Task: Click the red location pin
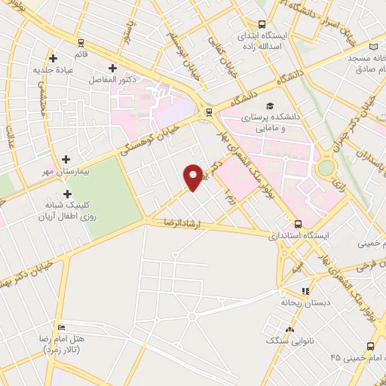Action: pyautogui.click(x=194, y=176)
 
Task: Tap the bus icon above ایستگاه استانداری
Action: pyautogui.click(x=298, y=224)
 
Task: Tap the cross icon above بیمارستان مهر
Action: pyautogui.click(x=67, y=159)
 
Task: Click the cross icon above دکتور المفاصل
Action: pyautogui.click(x=112, y=68)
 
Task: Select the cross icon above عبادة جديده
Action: pyautogui.click(x=53, y=58)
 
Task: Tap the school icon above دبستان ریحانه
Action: pyautogui.click(x=305, y=290)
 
